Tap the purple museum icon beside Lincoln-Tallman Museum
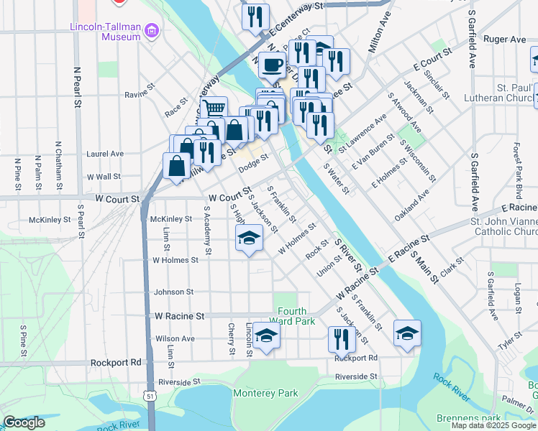(151, 29)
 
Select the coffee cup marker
(272, 66)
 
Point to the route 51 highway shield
(149, 396)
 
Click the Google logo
(24, 422)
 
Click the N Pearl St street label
(77, 88)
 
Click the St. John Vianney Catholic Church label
(503, 227)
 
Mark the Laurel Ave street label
(105, 153)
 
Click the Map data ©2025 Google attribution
(493, 425)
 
